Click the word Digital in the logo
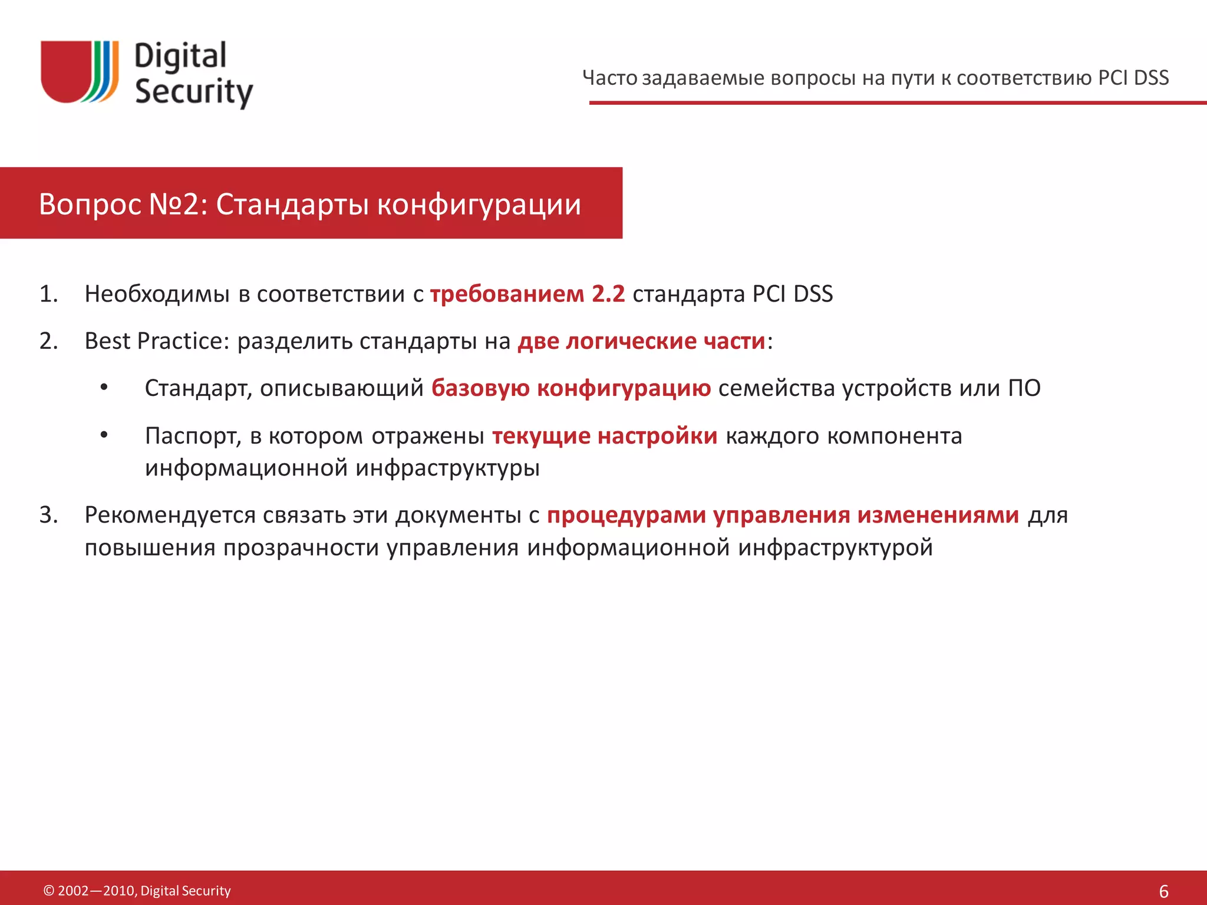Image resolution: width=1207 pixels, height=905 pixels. tap(180, 57)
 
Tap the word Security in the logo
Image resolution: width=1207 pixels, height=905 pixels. tap(194, 92)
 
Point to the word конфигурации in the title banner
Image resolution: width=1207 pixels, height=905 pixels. tap(479, 204)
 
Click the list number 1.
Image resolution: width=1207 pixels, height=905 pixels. tap(48, 294)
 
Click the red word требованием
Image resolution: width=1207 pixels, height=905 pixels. tap(507, 294)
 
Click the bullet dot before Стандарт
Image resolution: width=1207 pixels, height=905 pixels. tap(104, 388)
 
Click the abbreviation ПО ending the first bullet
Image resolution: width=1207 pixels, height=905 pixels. tap(1024, 388)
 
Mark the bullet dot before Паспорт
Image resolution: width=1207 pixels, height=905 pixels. tap(104, 435)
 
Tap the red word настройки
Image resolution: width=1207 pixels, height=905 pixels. tap(657, 436)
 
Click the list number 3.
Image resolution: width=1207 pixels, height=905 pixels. tap(48, 515)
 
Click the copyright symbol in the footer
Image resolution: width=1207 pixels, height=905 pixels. tap(49, 891)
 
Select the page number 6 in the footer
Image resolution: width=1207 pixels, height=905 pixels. tap(1163, 891)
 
